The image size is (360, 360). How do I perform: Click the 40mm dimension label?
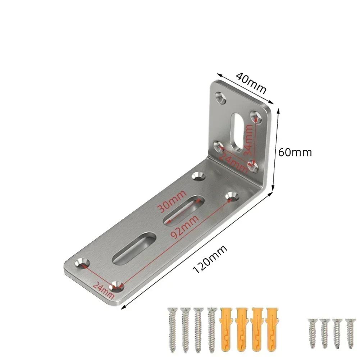[x=251, y=84]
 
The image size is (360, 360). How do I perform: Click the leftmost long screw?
[x=172, y=325]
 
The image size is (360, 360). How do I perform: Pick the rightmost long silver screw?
[x=212, y=325]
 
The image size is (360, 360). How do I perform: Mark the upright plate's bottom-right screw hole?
[x=253, y=166]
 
